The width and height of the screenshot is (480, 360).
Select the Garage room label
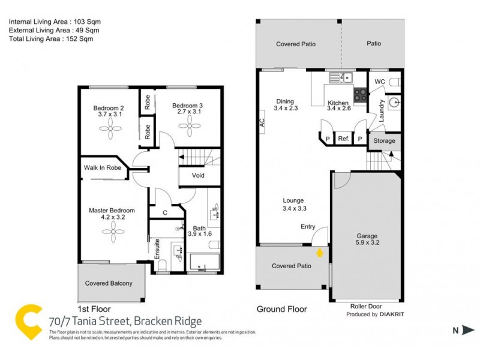click(367, 236)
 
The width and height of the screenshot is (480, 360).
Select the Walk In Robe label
click(103, 168)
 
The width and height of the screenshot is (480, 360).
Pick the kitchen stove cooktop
click(360, 94)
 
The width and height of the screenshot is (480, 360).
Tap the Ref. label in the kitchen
click(343, 139)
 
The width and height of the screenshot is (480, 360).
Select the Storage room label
click(385, 141)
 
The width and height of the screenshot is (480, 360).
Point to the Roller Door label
click(366, 306)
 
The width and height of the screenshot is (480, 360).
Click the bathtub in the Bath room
click(205, 263)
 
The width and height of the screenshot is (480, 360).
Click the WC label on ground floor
click(379, 82)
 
